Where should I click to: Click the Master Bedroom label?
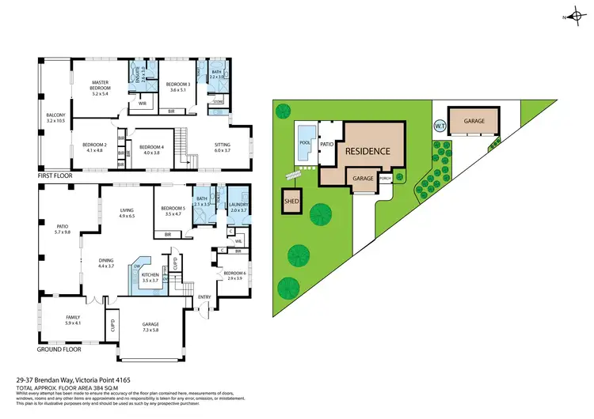point(101,88)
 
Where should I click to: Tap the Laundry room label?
point(239,208)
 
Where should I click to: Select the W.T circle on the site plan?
point(440,125)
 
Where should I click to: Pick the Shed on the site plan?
point(291,202)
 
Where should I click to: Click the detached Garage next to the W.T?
point(474,122)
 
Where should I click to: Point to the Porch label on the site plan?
point(386,178)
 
